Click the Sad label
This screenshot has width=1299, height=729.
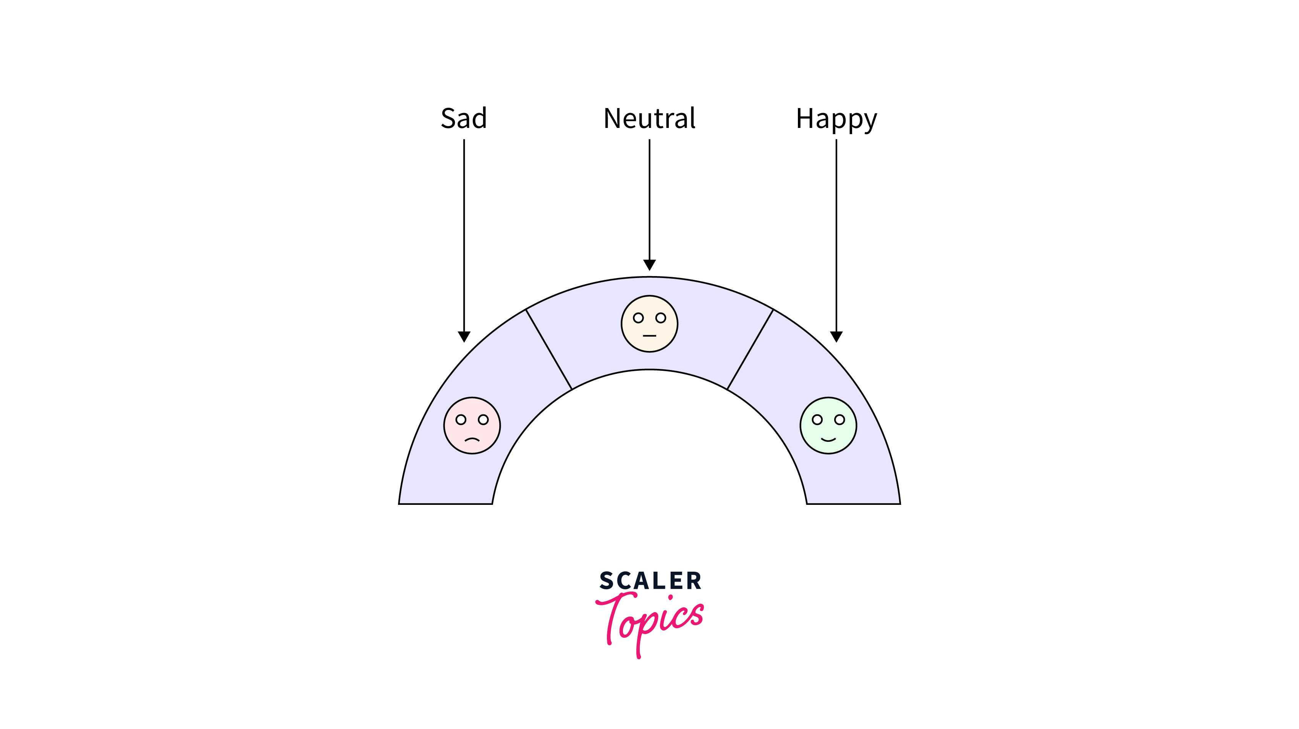[x=463, y=118]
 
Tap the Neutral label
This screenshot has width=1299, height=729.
[x=649, y=118]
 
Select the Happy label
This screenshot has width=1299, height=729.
[x=836, y=120]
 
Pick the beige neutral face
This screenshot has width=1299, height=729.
[x=649, y=324]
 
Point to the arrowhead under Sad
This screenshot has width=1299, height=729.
[x=464, y=336]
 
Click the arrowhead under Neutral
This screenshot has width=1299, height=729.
[x=649, y=265]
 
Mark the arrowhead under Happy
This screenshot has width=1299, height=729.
[x=836, y=336]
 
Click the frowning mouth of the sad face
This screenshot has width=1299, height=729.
[x=472, y=439]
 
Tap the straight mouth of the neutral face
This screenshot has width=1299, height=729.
[x=649, y=335]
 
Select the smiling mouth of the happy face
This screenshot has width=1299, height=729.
[x=828, y=440]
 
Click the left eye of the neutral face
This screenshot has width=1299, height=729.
[x=638, y=318]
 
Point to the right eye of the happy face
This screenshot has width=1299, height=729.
[x=840, y=419]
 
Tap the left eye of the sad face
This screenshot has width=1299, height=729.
[x=461, y=419]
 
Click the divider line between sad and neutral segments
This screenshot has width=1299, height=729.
[x=548, y=349]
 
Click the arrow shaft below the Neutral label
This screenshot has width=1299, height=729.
[x=649, y=202]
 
